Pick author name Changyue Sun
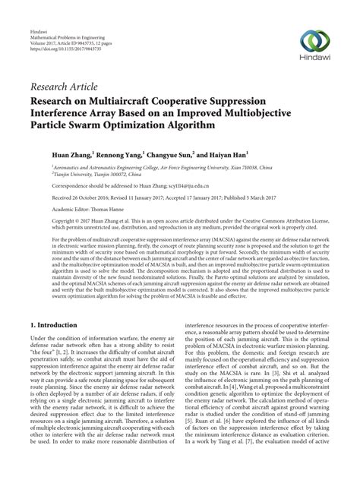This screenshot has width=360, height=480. (x=172, y=153)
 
